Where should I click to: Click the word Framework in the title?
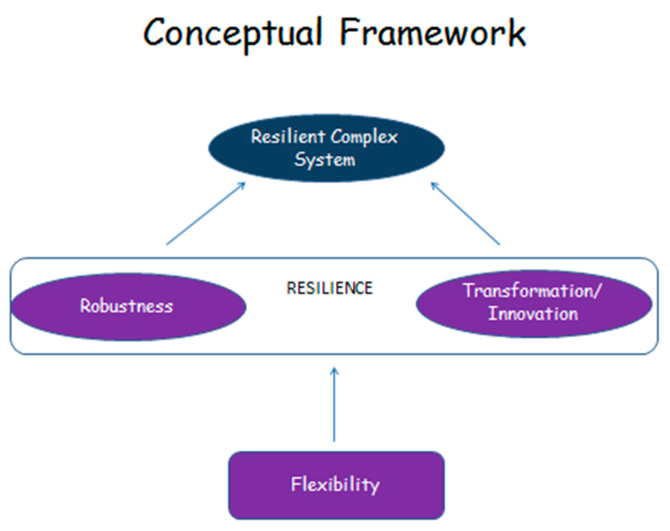click(x=432, y=33)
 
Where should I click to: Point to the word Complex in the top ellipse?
click(x=364, y=137)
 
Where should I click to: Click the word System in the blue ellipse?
click(x=324, y=160)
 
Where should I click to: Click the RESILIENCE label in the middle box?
click(x=330, y=288)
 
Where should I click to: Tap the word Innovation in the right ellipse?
click(x=533, y=314)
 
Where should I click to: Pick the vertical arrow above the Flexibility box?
click(x=334, y=408)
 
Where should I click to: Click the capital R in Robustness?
click(x=85, y=306)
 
